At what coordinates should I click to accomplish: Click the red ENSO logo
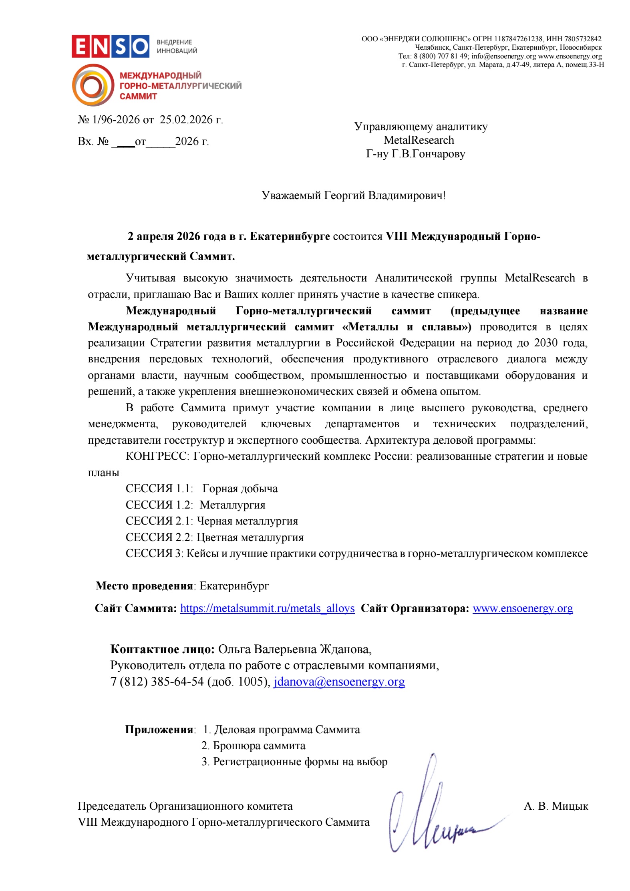[x=110, y=46]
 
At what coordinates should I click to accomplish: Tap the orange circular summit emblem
[x=93, y=85]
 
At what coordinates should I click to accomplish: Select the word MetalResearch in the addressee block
[x=419, y=140]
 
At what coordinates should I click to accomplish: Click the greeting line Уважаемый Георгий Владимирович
[x=353, y=195]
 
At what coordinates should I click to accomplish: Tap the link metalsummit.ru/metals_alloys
[x=267, y=608]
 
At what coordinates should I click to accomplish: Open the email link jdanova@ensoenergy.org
[x=339, y=681]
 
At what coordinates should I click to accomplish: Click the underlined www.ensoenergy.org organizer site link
[x=522, y=608]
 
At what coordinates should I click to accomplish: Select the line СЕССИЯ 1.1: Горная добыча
[x=201, y=489]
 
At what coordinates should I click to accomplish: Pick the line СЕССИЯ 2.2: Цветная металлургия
[x=214, y=537]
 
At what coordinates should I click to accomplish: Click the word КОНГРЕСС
[x=156, y=456]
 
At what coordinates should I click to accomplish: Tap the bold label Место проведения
[x=144, y=586]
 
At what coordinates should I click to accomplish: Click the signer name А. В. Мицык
[x=556, y=806]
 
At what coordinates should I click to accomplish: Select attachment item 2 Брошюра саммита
[x=253, y=746]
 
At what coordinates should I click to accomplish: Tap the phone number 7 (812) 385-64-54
[x=157, y=681]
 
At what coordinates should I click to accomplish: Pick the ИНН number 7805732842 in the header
[x=583, y=39]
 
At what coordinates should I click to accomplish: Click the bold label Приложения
[x=159, y=730]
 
